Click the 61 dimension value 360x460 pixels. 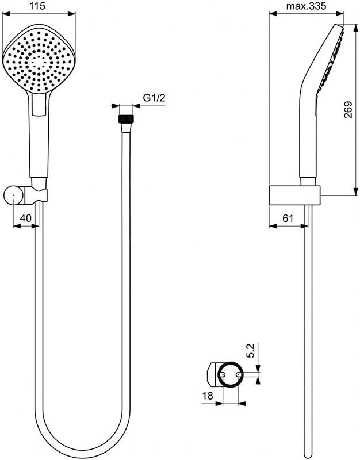(x=288, y=218)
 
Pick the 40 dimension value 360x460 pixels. (x=25, y=218)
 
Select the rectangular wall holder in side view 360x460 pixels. (x=293, y=195)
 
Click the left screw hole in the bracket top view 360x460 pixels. (x=222, y=374)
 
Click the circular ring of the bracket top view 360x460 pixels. (x=229, y=363)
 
